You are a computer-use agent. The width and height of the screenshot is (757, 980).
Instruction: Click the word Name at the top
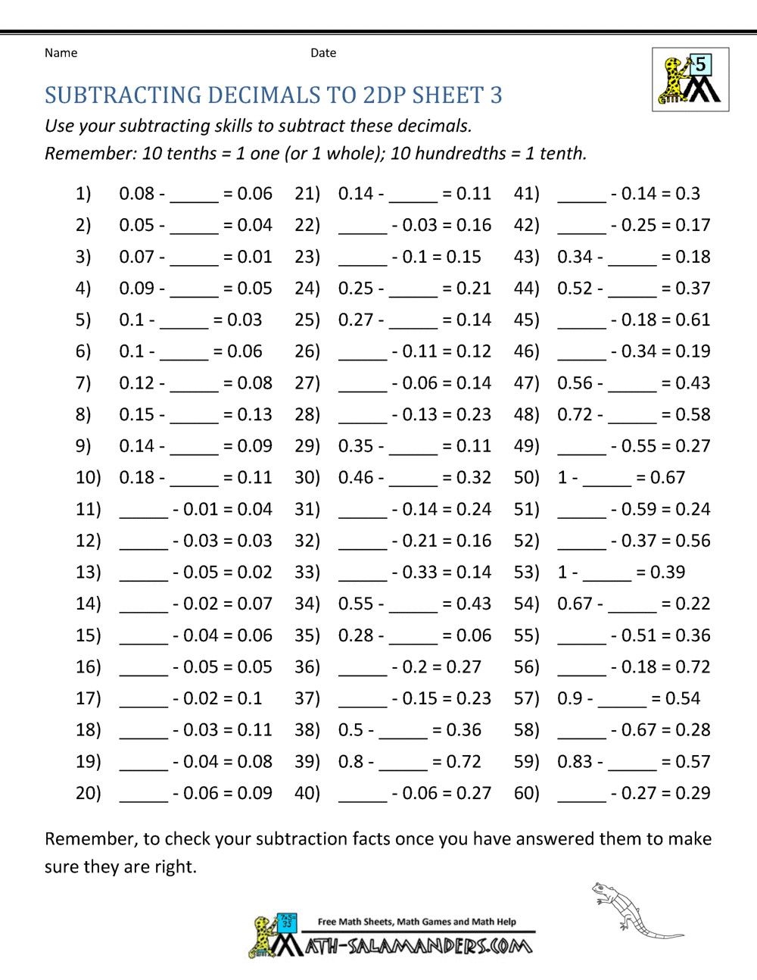(x=61, y=53)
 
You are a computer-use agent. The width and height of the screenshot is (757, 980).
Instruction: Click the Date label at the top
(x=323, y=53)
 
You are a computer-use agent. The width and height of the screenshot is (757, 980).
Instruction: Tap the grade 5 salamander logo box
(x=690, y=80)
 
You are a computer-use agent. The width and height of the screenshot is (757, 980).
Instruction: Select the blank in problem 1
(x=194, y=195)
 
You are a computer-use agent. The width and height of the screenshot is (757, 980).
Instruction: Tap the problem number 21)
(x=307, y=194)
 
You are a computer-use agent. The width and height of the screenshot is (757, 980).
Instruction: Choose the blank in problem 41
(x=581, y=195)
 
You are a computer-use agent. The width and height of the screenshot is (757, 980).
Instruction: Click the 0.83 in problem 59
(x=576, y=762)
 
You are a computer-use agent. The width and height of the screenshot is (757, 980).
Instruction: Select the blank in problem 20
(x=144, y=795)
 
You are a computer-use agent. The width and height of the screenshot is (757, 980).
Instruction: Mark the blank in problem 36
(x=363, y=669)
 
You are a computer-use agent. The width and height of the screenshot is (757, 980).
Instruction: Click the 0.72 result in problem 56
(x=693, y=667)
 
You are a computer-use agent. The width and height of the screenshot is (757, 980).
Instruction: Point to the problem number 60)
(x=527, y=794)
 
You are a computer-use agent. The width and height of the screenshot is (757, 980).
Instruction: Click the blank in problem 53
(x=607, y=574)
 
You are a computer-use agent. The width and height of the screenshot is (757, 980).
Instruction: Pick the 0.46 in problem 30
(x=357, y=478)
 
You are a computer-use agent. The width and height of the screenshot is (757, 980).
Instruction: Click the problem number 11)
(x=89, y=510)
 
